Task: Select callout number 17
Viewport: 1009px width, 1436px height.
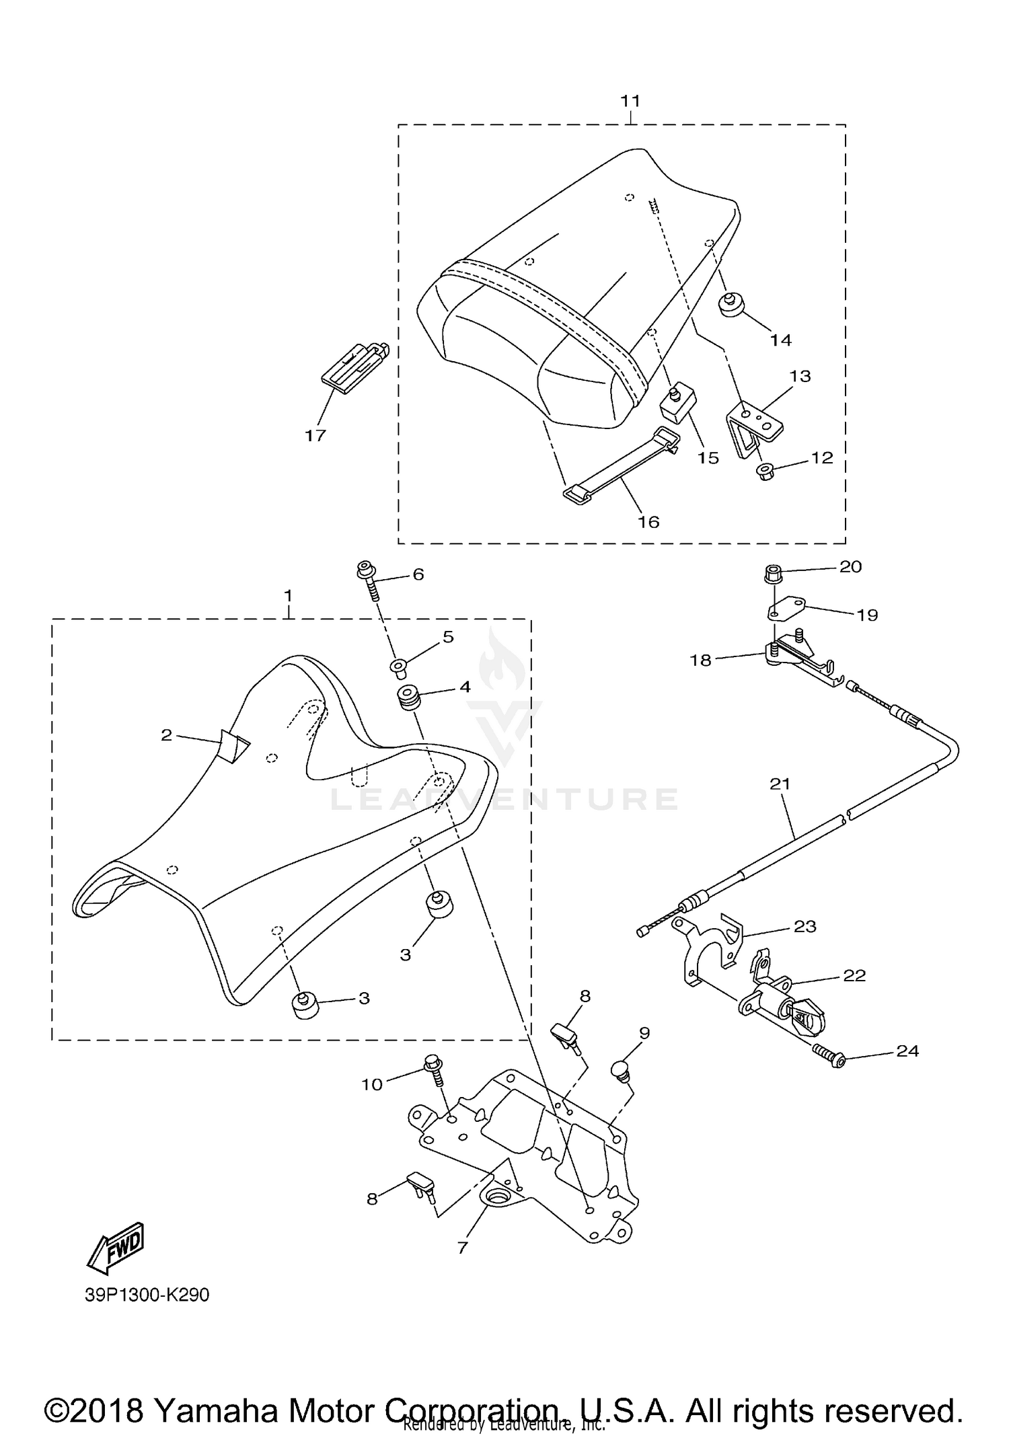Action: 315,435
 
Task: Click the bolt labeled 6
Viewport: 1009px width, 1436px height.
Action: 367,580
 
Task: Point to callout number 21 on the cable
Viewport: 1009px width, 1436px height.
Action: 780,784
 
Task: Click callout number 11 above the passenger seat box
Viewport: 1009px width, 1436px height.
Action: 630,101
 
